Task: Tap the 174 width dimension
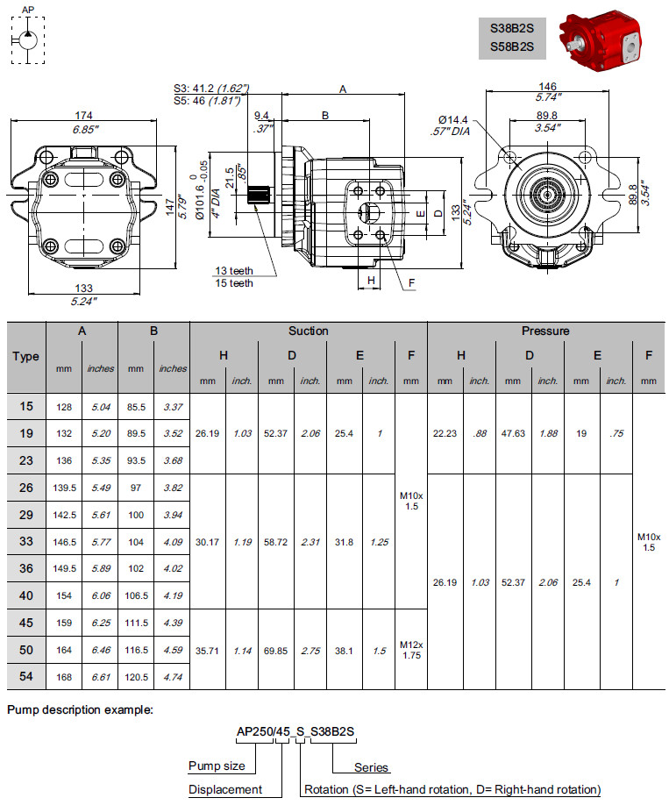[x=84, y=116]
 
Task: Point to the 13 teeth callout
[x=234, y=271]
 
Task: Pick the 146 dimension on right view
[x=547, y=86]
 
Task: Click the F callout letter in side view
[x=411, y=283]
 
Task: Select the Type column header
[x=26, y=357]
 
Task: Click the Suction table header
[x=308, y=331]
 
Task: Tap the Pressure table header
[x=545, y=331]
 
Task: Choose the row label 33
[x=26, y=542]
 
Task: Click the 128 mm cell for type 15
[x=64, y=407]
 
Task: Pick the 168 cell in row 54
[x=64, y=677]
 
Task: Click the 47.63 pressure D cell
[x=513, y=433]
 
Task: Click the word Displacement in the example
[x=225, y=789]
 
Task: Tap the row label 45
[x=26, y=623]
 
